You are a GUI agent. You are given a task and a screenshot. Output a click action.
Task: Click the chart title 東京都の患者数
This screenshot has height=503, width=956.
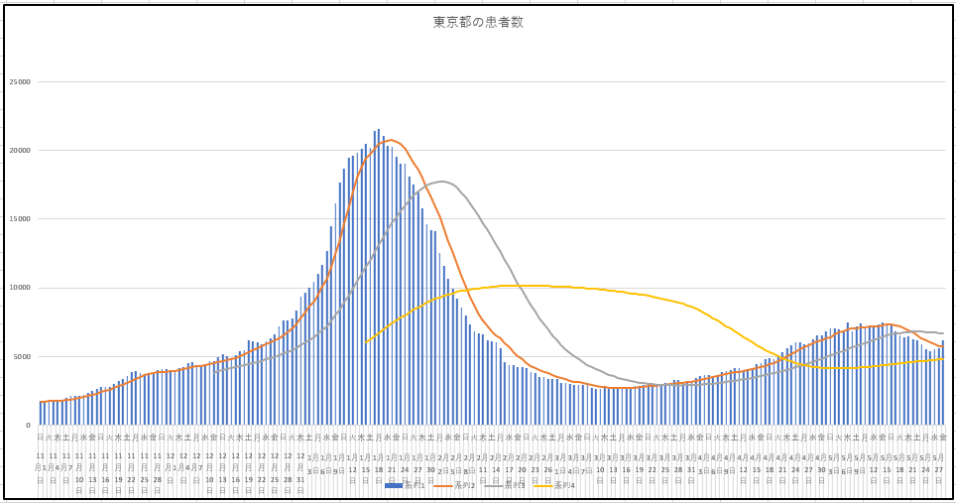pyautogui.click(x=478, y=23)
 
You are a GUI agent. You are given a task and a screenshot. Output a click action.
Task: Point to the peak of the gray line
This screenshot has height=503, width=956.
pyautogui.click(x=441, y=182)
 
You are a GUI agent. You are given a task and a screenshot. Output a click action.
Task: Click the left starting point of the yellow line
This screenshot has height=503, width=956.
pyautogui.click(x=366, y=342)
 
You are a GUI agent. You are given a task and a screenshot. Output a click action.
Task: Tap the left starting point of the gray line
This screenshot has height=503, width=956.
pyautogui.click(x=214, y=371)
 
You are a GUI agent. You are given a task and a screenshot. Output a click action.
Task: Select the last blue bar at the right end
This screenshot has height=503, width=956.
pyautogui.click(x=942, y=383)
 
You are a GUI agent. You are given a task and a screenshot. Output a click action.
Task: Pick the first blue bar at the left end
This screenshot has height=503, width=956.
pyautogui.click(x=41, y=413)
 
